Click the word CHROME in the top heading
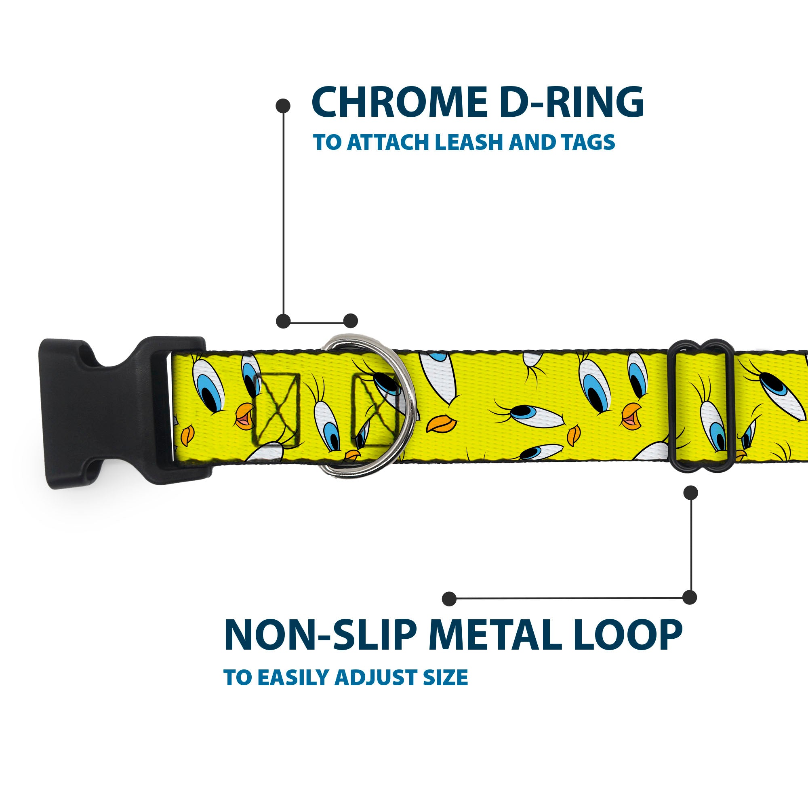[399, 103]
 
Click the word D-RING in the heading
[571, 103]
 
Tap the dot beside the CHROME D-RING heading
[283, 106]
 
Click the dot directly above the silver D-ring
[350, 321]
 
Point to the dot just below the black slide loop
[690, 492]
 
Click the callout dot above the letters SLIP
[449, 599]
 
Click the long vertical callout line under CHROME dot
[284, 213]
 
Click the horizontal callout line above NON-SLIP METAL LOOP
[569, 598]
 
